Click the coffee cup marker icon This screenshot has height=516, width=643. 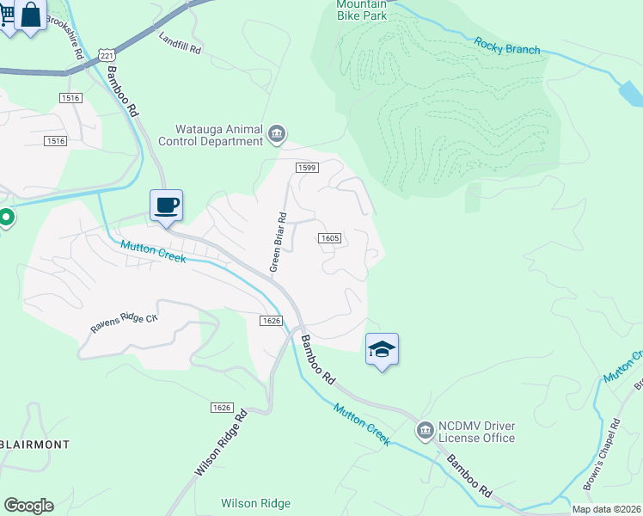(x=167, y=206)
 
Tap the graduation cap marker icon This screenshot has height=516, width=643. (x=382, y=349)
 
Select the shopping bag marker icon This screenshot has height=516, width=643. (x=30, y=15)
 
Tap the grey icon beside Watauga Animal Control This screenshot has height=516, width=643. (x=277, y=132)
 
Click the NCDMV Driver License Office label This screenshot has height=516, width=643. (x=476, y=432)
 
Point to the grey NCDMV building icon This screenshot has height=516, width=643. (x=425, y=429)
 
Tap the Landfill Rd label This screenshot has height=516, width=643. (x=180, y=44)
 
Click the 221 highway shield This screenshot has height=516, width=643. (x=106, y=55)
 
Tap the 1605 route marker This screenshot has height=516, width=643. (x=331, y=238)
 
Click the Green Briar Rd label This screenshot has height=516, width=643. (x=278, y=242)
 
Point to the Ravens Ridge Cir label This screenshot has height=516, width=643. (x=125, y=323)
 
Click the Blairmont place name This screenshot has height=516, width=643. (x=34, y=444)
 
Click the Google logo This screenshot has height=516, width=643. (x=28, y=505)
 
